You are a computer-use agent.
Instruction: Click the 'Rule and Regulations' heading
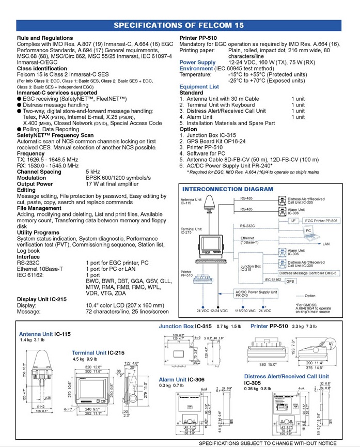pyautogui.click(x=45, y=38)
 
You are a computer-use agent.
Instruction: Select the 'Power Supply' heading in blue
pyautogui.click(x=198, y=62)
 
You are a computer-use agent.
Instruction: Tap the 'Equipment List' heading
pyautogui.click(x=199, y=87)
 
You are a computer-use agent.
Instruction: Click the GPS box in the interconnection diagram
pyautogui.click(x=290, y=281)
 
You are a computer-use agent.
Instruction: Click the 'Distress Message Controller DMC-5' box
pyautogui.click(x=307, y=273)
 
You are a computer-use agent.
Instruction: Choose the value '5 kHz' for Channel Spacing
pyautogui.click(x=93, y=172)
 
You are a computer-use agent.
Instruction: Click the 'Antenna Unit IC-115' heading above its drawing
pyautogui.click(x=45, y=334)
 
